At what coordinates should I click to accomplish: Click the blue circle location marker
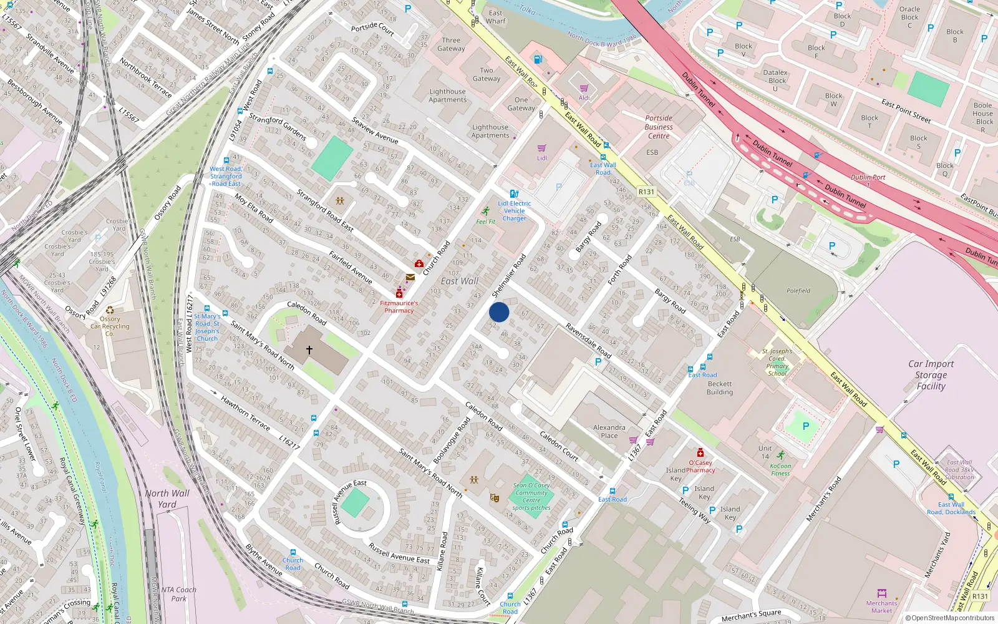pos(499,312)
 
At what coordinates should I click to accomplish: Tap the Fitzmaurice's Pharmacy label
pos(399,306)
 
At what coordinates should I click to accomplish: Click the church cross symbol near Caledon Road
pos(309,350)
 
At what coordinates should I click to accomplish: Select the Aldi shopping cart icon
pos(584,89)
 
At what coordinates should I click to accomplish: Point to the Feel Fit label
pos(485,222)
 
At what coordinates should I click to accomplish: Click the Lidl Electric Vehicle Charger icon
pos(514,194)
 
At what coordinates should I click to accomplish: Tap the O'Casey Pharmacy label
pos(700,466)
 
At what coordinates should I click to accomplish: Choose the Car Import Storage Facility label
pos(931,374)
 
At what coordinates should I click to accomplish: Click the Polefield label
pos(798,291)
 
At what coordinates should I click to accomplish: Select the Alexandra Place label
pos(609,431)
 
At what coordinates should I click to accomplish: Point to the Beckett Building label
pos(720,388)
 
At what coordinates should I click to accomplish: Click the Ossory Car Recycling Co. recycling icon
pos(110,310)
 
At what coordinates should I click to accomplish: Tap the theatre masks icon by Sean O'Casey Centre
pos(495,498)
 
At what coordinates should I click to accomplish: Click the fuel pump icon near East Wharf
pos(538,59)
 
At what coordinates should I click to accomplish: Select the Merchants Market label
pos(881,607)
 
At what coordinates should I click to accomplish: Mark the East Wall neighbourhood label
pos(460,281)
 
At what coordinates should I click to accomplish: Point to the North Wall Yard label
pos(167,499)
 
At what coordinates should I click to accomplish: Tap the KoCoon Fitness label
pos(780,469)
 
